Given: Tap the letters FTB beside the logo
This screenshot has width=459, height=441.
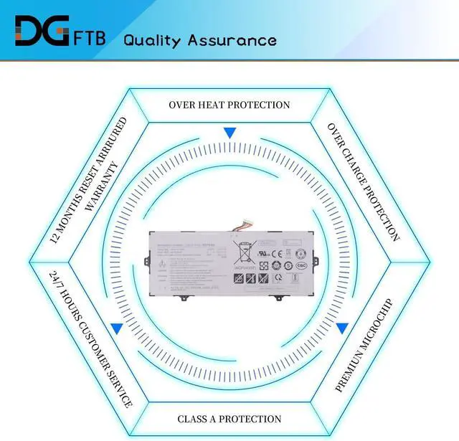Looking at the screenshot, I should (89, 38).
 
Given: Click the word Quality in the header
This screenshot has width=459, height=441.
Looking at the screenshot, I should (152, 40).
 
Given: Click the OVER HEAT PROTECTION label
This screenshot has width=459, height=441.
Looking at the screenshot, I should (229, 105).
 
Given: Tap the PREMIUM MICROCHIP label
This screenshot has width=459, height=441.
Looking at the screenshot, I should (364, 345).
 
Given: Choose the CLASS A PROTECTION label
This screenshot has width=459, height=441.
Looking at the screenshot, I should (229, 419).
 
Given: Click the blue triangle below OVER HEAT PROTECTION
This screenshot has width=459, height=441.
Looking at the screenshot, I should (229, 133).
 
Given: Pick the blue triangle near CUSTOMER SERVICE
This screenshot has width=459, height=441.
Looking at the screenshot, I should (116, 328).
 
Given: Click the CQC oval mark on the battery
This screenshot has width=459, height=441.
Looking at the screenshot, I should (301, 265).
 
